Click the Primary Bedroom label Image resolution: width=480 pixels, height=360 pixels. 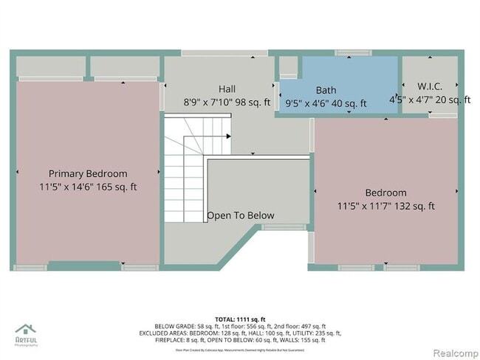(88, 173)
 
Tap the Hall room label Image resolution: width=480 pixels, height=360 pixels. (227, 89)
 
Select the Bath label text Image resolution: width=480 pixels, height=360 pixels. (326, 90)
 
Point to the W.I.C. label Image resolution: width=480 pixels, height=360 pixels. (430, 86)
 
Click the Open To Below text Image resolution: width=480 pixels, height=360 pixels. (240, 215)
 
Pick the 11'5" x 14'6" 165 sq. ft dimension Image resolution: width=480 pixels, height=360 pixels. (88, 187)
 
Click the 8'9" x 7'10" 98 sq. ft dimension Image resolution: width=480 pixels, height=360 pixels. (227, 103)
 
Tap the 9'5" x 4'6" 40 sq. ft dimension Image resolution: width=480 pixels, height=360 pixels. (326, 104)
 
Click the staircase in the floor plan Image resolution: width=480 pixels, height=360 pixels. (185, 173)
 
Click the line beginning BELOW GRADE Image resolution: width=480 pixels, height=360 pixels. (239, 325)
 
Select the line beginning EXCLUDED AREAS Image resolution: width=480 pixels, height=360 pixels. (239, 333)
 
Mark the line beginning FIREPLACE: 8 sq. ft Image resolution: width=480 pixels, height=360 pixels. (239, 340)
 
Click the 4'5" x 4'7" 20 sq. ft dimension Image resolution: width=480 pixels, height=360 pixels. (430, 100)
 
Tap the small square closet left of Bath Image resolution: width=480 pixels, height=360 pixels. (288, 66)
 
